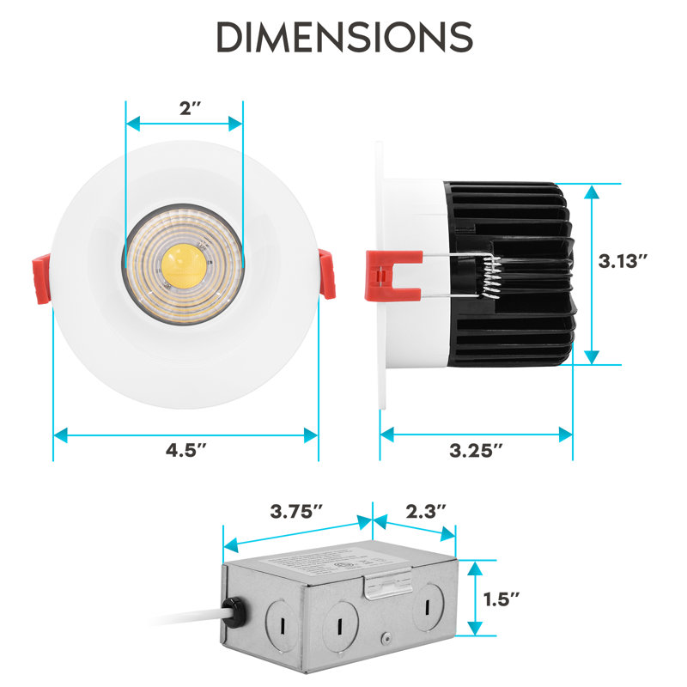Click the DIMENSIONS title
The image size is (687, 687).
345,37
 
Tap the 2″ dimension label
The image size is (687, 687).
190,108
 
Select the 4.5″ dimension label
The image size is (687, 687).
185,450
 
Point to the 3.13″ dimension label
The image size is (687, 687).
623,261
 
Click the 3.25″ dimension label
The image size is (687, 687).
477,450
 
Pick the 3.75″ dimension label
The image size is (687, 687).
296,511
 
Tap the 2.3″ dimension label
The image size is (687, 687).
425,511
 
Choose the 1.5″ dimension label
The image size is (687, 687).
502,599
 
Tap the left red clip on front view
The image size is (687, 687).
41,278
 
